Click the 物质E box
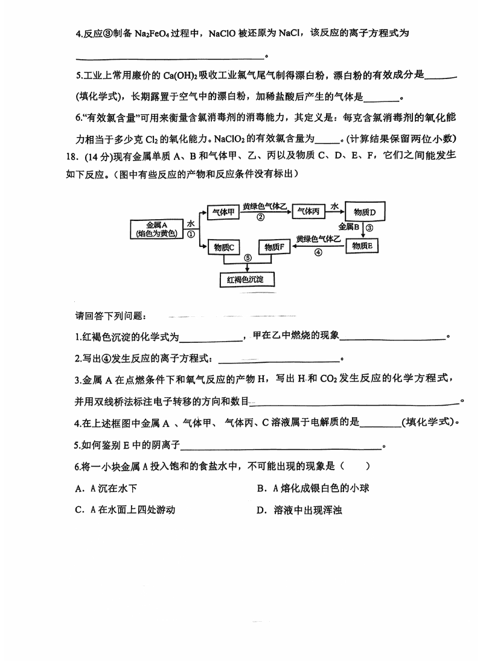click(365, 246)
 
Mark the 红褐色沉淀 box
click(246, 279)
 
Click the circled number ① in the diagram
click(191, 234)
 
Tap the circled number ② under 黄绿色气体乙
click(261, 218)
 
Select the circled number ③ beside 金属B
click(370, 228)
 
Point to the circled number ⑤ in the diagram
click(247, 258)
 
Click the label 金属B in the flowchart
click(350, 227)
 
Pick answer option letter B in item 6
click(261, 488)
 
